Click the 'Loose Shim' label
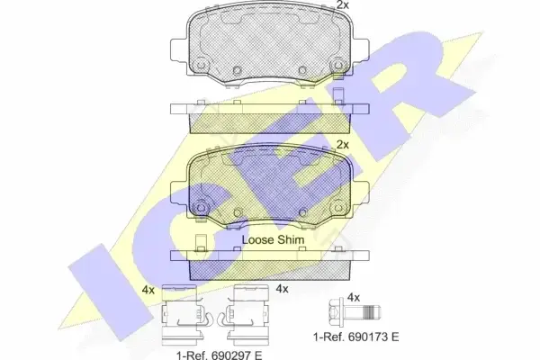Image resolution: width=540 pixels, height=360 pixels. (273, 239)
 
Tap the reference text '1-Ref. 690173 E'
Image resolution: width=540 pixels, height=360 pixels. (355, 337)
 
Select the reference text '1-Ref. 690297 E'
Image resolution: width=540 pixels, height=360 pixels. (220, 355)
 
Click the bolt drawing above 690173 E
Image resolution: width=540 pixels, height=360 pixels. (355, 313)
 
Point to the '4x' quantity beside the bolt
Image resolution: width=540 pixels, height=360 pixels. (354, 297)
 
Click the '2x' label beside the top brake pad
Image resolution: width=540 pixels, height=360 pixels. (343, 4)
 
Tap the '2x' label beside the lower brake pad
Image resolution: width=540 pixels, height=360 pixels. (343, 145)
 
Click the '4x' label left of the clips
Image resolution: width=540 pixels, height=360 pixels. (148, 290)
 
